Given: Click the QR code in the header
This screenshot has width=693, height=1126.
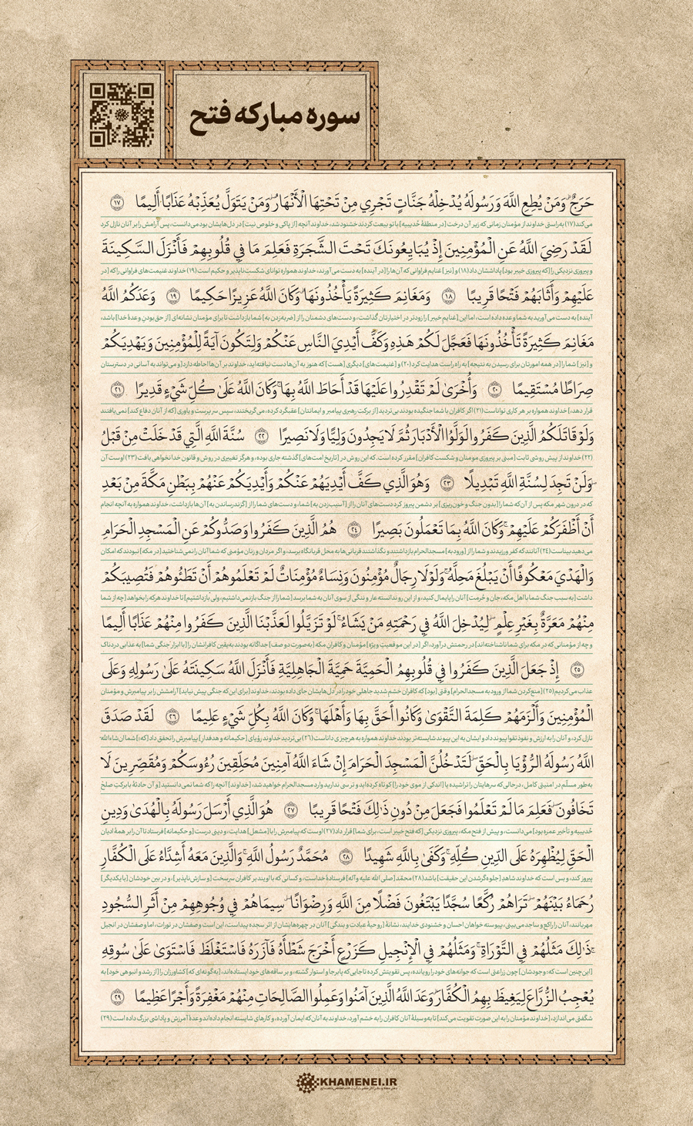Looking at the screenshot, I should click(116, 115).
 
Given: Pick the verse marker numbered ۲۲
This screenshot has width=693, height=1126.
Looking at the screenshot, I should click(262, 437).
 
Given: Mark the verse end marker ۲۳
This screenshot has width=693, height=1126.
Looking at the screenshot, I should click(447, 484).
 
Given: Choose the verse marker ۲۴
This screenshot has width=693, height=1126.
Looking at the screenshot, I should click(354, 531).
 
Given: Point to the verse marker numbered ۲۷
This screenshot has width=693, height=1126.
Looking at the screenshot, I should click(290, 810).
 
